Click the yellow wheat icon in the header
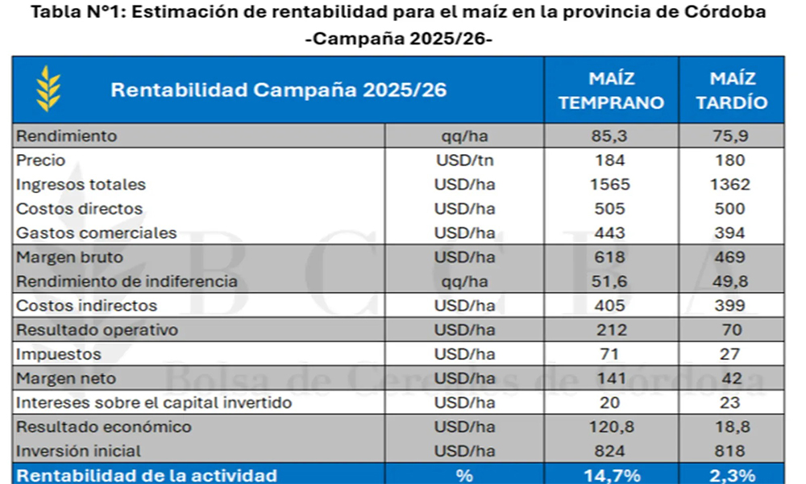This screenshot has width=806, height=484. tap(48, 89)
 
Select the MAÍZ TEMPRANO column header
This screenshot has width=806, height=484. tap(612, 90)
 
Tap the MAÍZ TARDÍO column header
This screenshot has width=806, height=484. tap(732, 90)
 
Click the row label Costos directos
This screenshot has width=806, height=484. tap(80, 209)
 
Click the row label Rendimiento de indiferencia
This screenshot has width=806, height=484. tap(127, 282)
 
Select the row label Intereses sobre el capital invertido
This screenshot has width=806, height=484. tap(154, 403)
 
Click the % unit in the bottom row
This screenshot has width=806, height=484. tap(465, 475)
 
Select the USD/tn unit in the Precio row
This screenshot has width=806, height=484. tap(465, 161)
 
